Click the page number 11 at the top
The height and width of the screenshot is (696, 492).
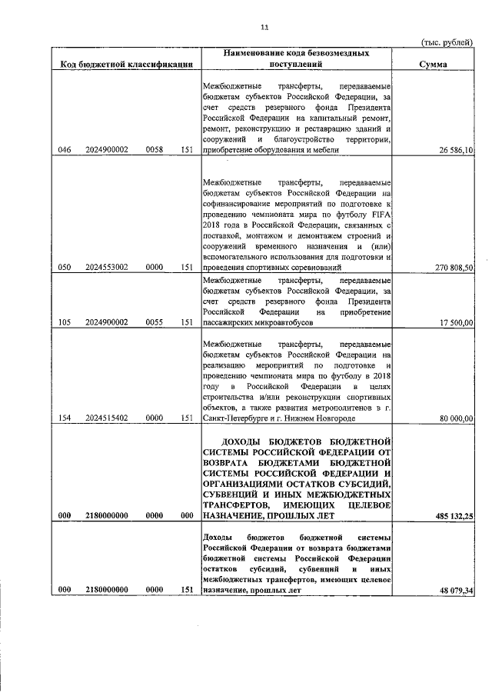point(264,28)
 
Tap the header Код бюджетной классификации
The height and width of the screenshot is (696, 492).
point(126,65)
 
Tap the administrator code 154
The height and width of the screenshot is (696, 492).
point(65,418)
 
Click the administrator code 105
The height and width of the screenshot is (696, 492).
point(65,323)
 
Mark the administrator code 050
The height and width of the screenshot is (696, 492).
point(65,267)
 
